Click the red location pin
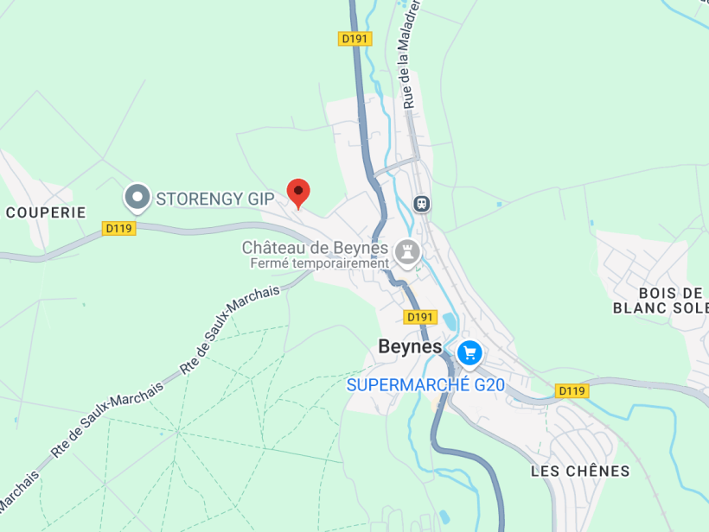[298, 193]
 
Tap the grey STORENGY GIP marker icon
[137, 198]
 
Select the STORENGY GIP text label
[214, 199]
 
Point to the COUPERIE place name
[46, 212]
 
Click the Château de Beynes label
[315, 248]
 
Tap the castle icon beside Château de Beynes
[406, 252]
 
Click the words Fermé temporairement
[319, 263]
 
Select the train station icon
[422, 204]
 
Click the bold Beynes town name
[410, 346]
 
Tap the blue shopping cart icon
[469, 352]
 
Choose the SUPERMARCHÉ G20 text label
[425, 385]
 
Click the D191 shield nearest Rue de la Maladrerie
[354, 39]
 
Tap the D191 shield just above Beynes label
[419, 317]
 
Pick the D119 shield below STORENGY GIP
[118, 228]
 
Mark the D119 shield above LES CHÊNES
[571, 391]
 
